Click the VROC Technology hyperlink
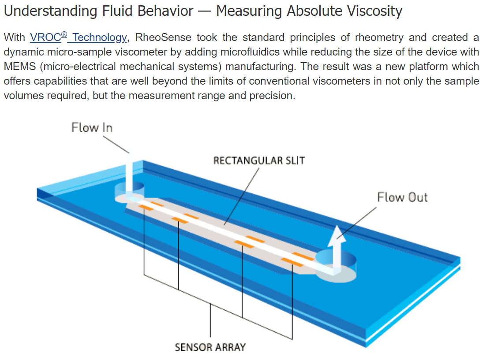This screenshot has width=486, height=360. point(78,37)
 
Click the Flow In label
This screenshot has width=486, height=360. point(92,128)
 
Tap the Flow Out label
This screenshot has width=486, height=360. point(402,197)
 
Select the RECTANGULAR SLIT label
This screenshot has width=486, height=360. point(259,160)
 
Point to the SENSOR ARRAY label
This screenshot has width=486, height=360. point(210,347)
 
